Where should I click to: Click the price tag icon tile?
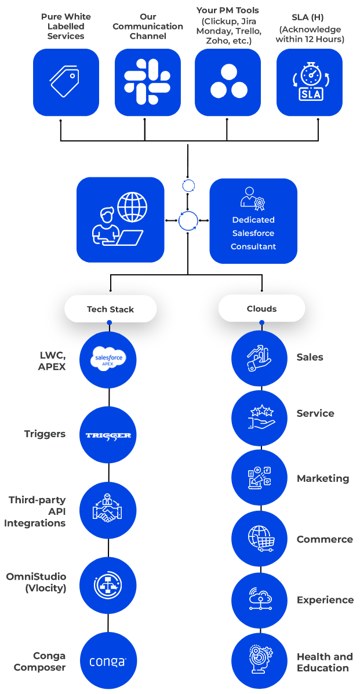pyautogui.click(x=66, y=82)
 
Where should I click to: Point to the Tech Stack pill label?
pyautogui.click(x=110, y=309)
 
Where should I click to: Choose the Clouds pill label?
pyautogui.click(x=261, y=308)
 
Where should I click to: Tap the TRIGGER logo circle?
pyautogui.click(x=108, y=435)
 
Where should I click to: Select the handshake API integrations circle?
pyautogui.click(x=108, y=510)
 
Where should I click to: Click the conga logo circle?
pyautogui.click(x=108, y=661)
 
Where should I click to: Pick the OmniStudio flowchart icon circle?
pyautogui.click(x=108, y=586)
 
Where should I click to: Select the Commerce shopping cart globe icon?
pyautogui.click(x=259, y=539)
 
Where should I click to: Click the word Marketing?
pyautogui.click(x=323, y=478)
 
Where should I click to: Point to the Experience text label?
pyautogui.click(x=325, y=600)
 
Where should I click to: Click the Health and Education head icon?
pyautogui.click(x=259, y=660)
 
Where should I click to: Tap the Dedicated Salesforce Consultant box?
pyautogui.click(x=253, y=221)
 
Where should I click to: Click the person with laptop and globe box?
pyautogui.click(x=121, y=220)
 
